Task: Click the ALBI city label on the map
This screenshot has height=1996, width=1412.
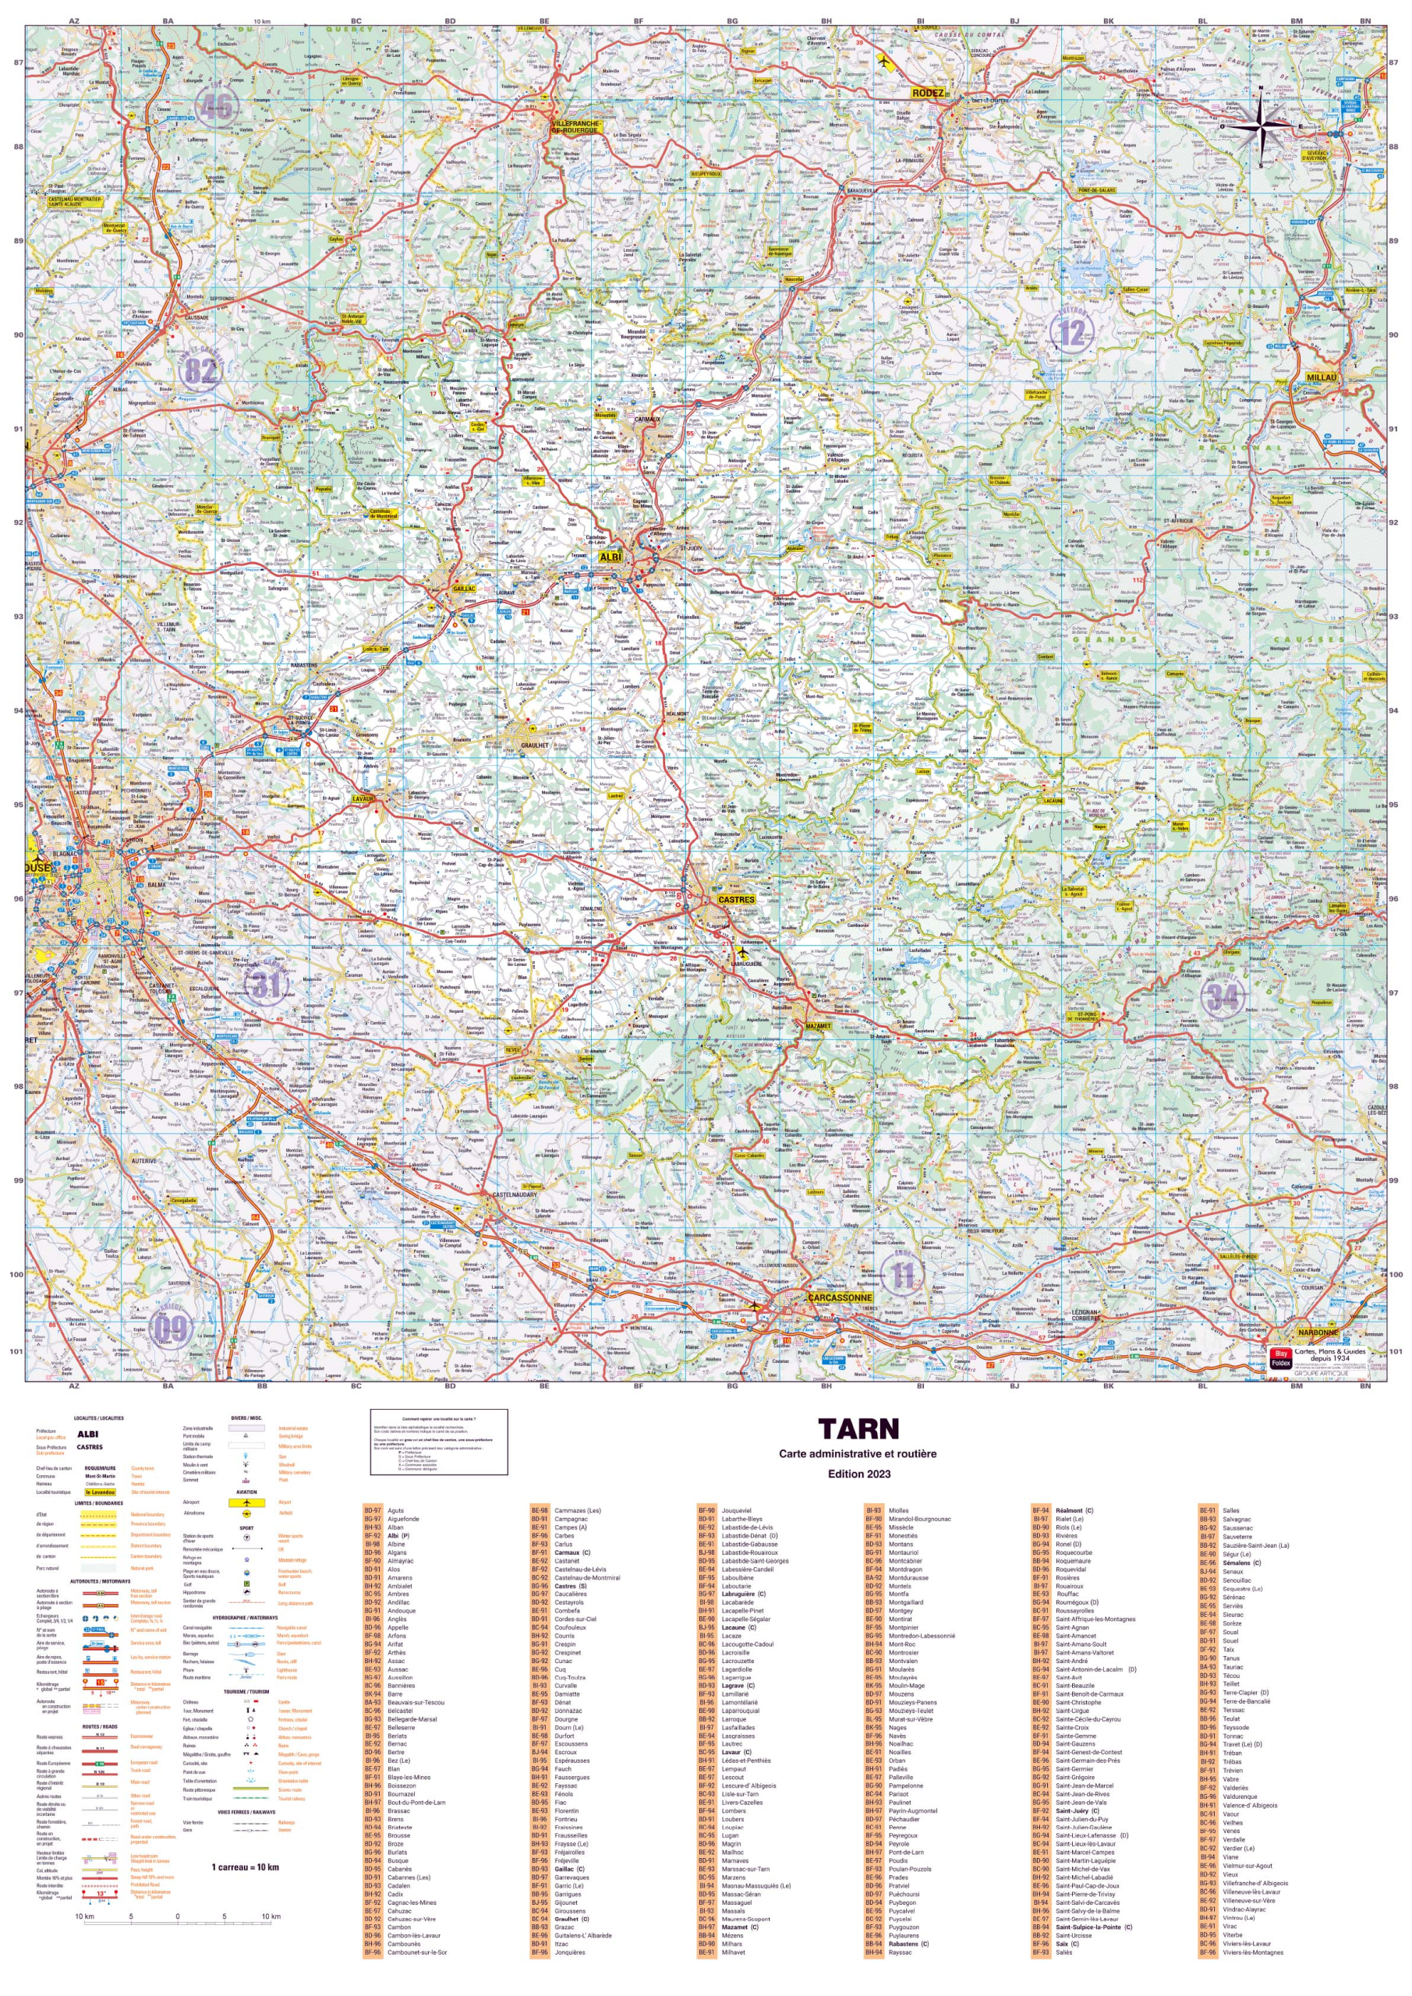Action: click(610, 557)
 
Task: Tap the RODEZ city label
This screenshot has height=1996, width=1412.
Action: click(928, 93)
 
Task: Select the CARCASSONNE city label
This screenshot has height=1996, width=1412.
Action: click(839, 1298)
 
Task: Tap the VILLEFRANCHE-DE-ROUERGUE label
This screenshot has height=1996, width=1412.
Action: click(576, 128)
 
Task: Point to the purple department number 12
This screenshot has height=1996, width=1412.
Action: click(1071, 333)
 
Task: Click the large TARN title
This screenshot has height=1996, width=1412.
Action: click(858, 1429)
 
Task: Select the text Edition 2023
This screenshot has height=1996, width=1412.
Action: click(858, 1474)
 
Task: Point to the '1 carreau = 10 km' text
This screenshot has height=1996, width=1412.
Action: click(245, 1867)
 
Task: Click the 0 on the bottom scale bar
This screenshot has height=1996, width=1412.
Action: click(177, 1917)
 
